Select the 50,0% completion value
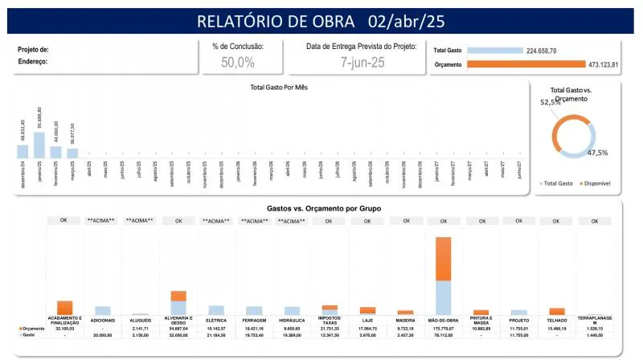pos(238,62)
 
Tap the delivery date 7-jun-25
pos(362,62)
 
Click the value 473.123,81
pos(603,64)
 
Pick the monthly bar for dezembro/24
pos(23,150)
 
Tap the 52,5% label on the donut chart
pos(550,103)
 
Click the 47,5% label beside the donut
pos(597,152)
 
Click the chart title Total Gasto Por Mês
pos(279,86)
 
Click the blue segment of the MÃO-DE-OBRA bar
pos(442,297)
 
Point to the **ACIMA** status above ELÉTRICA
pos(217,220)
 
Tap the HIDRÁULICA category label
pos(292,320)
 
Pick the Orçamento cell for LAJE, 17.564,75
pos(367,329)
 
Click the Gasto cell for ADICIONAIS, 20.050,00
pos(103,335)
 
